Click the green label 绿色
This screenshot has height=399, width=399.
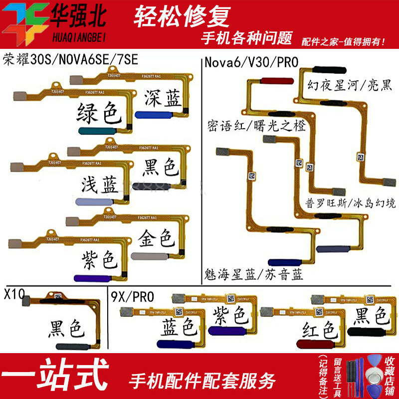pos(99,114)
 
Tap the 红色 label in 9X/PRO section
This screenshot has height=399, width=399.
pos(315,330)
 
